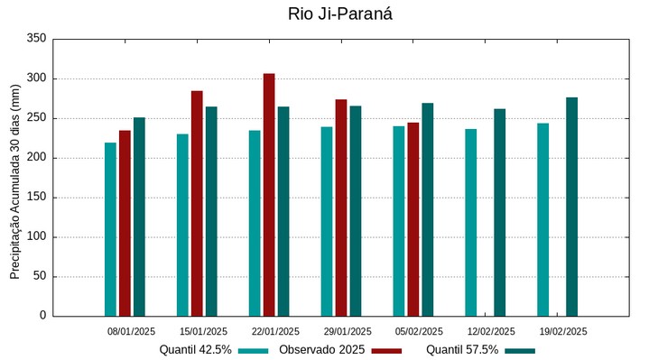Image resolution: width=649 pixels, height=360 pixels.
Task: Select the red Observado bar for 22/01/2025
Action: [269, 195]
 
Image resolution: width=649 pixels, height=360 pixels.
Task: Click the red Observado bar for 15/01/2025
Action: [197, 203]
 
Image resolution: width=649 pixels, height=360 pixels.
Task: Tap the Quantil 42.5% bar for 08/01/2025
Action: [110, 229]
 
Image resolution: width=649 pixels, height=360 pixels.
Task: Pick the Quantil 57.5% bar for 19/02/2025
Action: [571, 207]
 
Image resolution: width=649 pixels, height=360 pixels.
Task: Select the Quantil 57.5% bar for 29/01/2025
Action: [356, 211]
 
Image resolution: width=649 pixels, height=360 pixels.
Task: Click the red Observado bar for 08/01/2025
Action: [125, 223]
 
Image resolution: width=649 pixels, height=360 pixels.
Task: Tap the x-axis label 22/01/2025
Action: [275, 331]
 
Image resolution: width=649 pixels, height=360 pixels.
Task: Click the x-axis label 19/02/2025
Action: [563, 331]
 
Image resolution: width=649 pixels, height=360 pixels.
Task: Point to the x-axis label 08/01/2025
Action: [131, 331]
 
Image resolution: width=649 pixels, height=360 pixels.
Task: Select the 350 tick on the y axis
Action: [36, 39]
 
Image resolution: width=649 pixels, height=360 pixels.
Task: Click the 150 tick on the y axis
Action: [36, 198]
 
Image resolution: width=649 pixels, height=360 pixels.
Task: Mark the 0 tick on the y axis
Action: [42, 316]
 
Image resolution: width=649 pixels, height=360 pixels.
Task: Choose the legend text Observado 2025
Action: [321, 349]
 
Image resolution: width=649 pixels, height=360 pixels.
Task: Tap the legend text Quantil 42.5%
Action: [195, 349]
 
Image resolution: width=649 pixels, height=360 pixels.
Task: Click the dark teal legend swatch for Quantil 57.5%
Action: [520, 350]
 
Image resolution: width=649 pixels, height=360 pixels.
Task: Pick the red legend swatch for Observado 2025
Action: [386, 350]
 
